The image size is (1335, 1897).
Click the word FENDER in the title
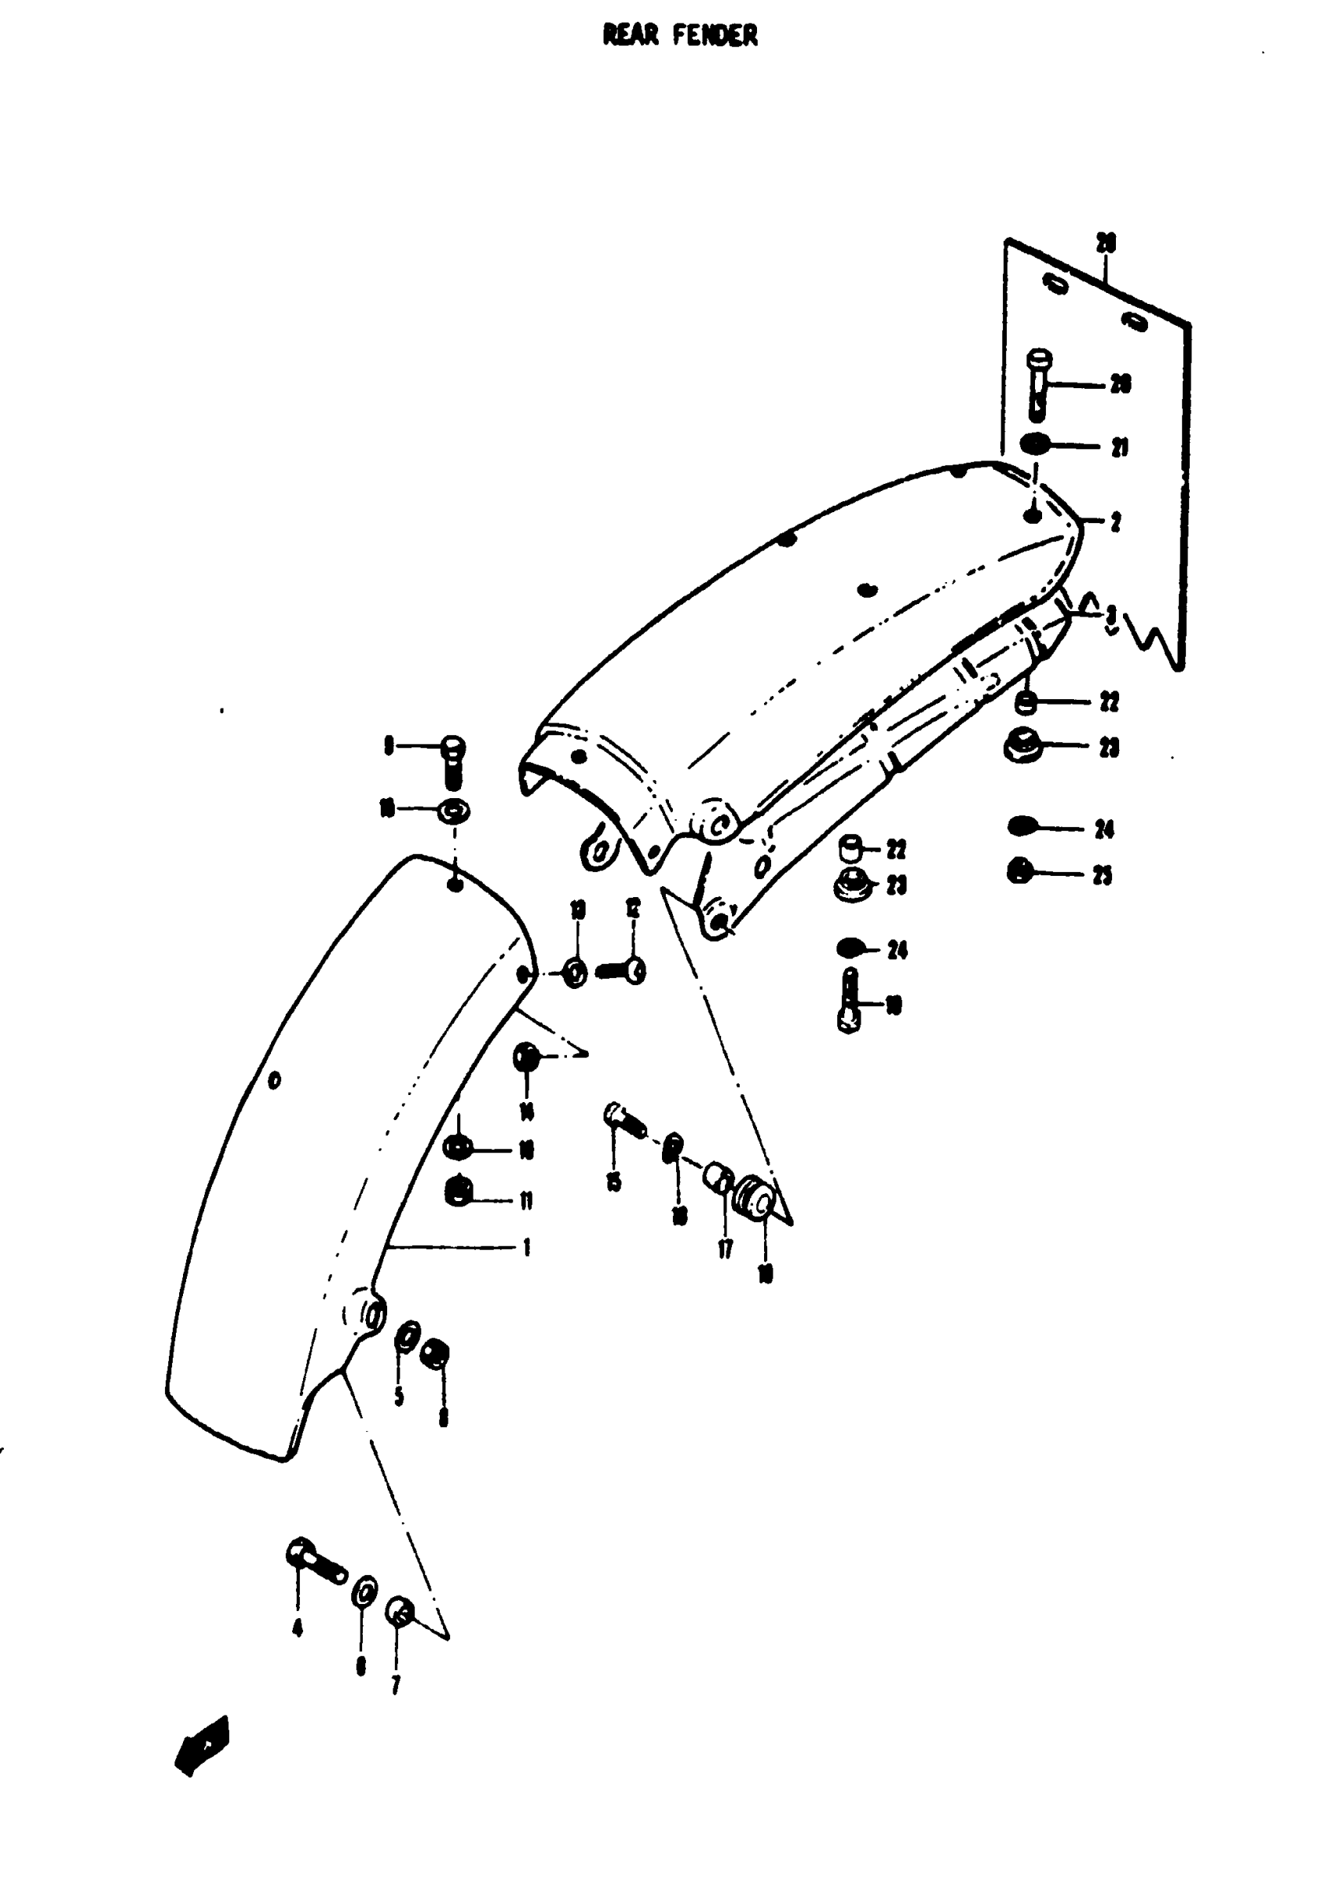click(714, 35)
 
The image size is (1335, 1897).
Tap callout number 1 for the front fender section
click(526, 1247)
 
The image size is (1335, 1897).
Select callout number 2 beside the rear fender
click(1115, 522)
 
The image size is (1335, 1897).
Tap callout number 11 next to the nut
click(526, 1200)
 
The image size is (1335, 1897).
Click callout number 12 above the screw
click(633, 910)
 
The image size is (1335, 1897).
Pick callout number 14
click(526, 1112)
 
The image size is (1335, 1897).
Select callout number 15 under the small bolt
click(613, 1182)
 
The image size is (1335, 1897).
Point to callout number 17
click(725, 1249)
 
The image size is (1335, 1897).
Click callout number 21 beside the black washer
click(1119, 448)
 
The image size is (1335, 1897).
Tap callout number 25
click(1102, 876)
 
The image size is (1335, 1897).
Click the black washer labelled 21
click(1033, 445)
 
